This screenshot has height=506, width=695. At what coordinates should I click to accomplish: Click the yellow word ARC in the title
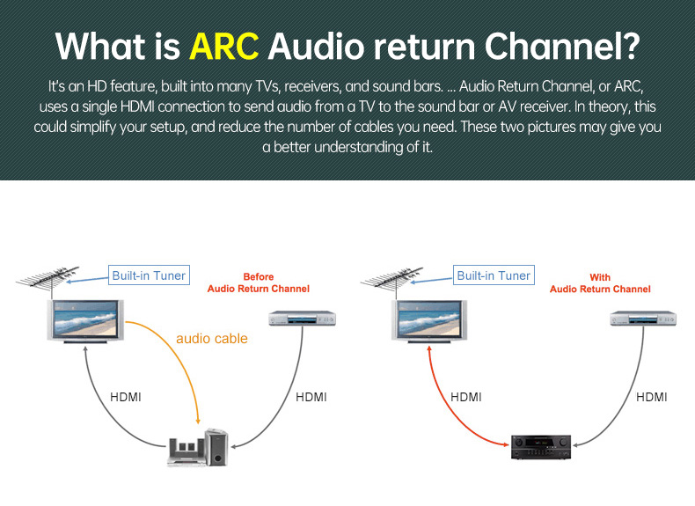tap(223, 46)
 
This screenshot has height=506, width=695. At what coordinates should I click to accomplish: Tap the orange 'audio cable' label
tap(212, 339)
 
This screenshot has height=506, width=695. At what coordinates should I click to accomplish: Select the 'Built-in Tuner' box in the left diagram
tap(149, 275)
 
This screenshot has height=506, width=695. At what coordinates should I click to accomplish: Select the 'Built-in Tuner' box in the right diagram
tap(494, 275)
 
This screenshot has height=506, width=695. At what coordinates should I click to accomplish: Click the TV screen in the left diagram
tap(85, 320)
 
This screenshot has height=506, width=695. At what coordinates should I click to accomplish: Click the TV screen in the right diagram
tap(429, 320)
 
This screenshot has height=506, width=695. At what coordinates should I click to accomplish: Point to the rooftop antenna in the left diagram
tap(48, 279)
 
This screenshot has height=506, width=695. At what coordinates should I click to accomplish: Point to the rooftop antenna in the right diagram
tap(392, 279)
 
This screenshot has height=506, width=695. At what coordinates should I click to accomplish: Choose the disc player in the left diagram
tap(303, 318)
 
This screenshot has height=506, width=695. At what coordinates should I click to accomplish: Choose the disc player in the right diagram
tap(643, 318)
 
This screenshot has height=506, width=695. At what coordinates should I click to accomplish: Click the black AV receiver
tap(541, 446)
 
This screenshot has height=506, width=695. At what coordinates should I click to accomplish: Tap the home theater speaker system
tap(198, 447)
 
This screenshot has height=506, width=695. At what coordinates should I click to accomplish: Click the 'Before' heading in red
tap(259, 276)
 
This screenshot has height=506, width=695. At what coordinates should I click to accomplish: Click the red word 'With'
tap(600, 277)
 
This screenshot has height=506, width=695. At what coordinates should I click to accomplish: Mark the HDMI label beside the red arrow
tap(466, 397)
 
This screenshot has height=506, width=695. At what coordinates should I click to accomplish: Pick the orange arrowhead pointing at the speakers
tap(198, 420)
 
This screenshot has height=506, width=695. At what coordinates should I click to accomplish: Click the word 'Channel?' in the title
tap(562, 46)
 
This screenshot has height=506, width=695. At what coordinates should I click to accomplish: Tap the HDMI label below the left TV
tap(126, 397)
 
